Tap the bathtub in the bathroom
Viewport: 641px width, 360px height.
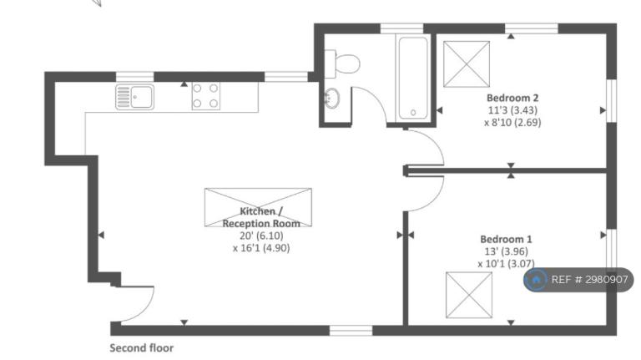click(x=413, y=79)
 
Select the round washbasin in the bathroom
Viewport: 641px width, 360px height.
click(x=331, y=99)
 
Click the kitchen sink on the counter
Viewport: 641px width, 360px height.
click(x=135, y=97)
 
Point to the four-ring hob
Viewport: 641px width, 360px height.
click(x=205, y=96)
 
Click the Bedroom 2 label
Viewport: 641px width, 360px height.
click(x=512, y=98)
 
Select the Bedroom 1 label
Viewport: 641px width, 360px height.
click(x=506, y=239)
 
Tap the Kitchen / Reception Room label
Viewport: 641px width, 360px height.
click(x=261, y=217)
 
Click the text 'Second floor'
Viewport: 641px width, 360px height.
click(x=141, y=348)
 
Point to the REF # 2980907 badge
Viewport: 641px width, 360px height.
click(x=578, y=280)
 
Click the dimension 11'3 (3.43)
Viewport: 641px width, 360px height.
click(x=512, y=110)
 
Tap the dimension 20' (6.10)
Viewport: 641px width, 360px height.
click(x=261, y=236)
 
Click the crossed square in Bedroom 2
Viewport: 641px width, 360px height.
click(x=467, y=63)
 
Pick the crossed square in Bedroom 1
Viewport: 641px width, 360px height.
click(x=469, y=295)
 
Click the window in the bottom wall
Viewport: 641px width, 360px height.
click(x=351, y=330)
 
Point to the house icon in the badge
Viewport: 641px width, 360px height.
click(x=536, y=280)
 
